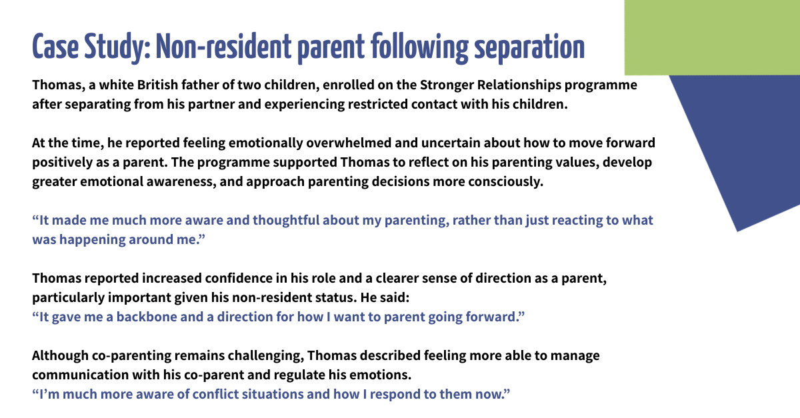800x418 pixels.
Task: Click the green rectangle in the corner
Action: pos(712,37)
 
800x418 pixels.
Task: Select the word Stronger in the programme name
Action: pos(446,86)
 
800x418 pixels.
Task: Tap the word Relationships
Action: pos(521,86)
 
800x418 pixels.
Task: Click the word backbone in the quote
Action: pos(140,317)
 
